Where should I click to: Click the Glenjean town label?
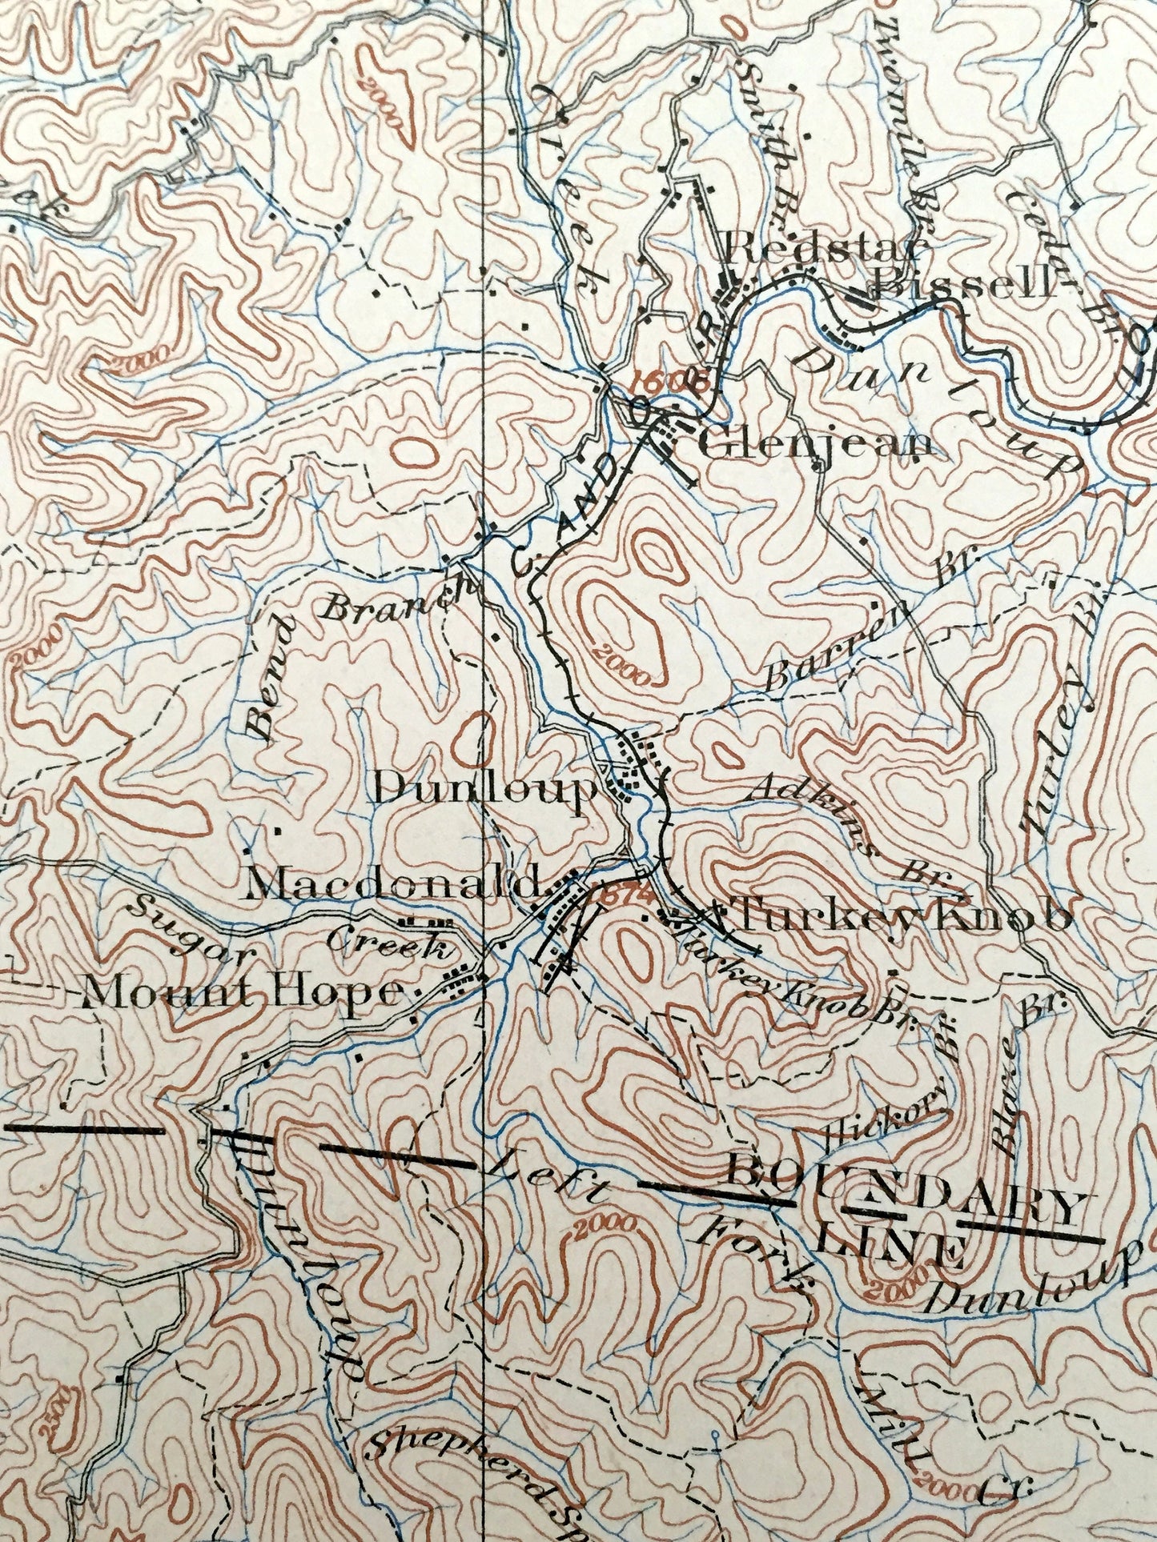pos(816,445)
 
